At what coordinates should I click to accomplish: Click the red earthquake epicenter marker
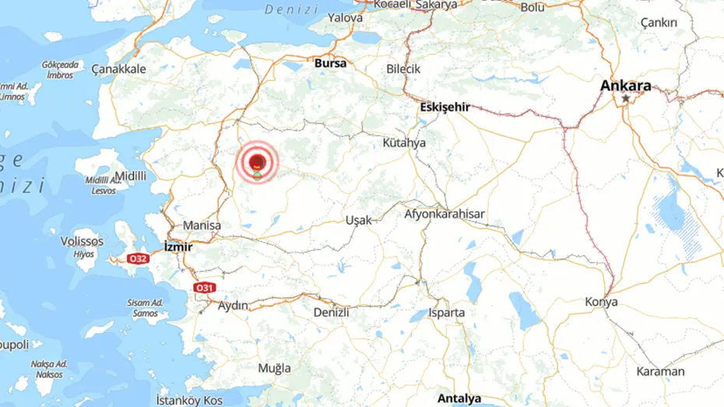(x=258, y=162)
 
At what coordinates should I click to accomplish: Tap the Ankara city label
(x=625, y=86)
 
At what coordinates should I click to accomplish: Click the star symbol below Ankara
(x=625, y=100)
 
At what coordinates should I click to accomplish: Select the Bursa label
(x=330, y=63)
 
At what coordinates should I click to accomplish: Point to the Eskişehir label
(x=444, y=107)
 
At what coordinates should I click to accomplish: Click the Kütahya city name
(x=404, y=143)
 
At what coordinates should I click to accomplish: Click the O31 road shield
(x=203, y=287)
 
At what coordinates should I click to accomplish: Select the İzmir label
(x=178, y=247)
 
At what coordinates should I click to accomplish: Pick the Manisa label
(x=202, y=226)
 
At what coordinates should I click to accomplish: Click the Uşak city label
(x=358, y=220)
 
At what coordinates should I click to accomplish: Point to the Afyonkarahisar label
(x=445, y=213)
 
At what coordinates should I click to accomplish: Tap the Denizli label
(x=331, y=311)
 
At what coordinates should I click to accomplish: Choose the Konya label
(x=602, y=302)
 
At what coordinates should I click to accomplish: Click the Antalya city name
(x=459, y=398)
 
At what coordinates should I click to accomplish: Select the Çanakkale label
(x=118, y=69)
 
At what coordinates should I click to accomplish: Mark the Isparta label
(x=447, y=313)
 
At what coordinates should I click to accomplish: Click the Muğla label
(x=274, y=367)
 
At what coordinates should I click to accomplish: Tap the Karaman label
(x=660, y=371)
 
